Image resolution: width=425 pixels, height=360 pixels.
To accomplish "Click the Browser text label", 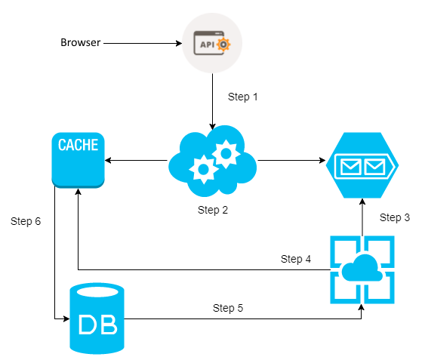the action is click(81, 42).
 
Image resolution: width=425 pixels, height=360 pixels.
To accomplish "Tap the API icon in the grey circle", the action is click(212, 43).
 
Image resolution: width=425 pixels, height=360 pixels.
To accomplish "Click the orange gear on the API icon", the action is click(223, 45).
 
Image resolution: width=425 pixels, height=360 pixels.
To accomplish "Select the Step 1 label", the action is click(242, 97).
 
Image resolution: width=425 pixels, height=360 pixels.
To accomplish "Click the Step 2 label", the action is click(213, 210).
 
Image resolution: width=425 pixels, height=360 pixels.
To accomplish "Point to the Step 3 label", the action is click(395, 217).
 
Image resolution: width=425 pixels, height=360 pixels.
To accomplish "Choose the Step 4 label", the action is click(296, 259).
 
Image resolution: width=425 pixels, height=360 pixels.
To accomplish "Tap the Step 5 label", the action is click(228, 308).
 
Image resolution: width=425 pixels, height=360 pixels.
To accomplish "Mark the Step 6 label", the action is click(26, 221).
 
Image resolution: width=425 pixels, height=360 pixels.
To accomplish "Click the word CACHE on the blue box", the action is click(78, 145).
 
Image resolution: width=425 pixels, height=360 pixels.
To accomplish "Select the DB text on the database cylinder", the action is click(98, 325).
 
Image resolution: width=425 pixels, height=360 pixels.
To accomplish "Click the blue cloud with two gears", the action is click(213, 161).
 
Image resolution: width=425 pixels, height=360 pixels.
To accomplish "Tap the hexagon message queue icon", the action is click(362, 165).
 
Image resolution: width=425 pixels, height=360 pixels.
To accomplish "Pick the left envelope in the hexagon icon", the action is click(351, 167).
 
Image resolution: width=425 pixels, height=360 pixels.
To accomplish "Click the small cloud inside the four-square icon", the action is click(362, 268).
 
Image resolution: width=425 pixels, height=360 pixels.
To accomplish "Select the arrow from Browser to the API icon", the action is click(143, 43).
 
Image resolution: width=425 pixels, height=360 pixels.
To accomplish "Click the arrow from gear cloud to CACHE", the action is click(136, 160).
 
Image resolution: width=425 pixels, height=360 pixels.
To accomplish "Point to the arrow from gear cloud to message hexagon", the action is click(291, 160).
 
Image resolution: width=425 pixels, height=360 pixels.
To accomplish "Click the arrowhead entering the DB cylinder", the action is click(66, 318).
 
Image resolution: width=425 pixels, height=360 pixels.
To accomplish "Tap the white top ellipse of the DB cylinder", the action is click(97, 292).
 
